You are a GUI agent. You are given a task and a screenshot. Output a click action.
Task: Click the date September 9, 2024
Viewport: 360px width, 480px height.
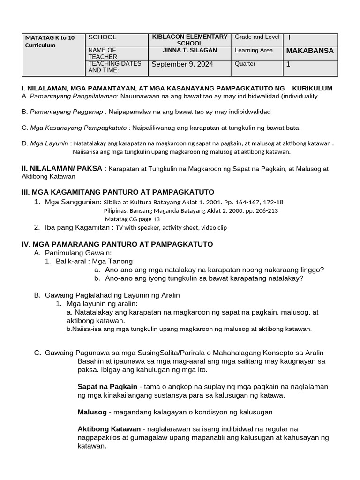(182, 64)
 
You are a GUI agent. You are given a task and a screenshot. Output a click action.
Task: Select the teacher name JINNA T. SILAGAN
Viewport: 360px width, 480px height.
(190, 50)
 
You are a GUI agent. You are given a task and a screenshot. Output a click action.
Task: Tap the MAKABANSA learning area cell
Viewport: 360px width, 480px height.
(310, 51)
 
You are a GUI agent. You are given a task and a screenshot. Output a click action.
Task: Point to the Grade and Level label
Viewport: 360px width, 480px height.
(257, 37)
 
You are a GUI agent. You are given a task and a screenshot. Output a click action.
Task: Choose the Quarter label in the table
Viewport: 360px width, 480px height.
(245, 64)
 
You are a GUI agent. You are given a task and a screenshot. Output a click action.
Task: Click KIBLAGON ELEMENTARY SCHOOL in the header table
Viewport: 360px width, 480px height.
(190, 40)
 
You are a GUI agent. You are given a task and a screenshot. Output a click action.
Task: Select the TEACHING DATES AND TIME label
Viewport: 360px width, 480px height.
(114, 67)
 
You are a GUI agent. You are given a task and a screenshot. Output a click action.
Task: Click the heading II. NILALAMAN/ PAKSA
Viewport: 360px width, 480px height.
(62, 168)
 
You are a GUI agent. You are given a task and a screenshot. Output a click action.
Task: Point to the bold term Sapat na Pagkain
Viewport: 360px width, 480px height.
(107, 387)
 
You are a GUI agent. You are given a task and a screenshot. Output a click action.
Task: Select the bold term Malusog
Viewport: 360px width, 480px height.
(94, 412)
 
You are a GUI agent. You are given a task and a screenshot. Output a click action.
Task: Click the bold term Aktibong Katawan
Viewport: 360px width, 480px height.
(109, 429)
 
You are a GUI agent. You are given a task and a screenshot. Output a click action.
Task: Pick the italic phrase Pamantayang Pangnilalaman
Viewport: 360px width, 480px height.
(73, 96)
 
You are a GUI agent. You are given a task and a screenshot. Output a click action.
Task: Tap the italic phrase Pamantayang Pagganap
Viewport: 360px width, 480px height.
(66, 112)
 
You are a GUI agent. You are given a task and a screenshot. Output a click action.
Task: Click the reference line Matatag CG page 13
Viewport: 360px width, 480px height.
(132, 219)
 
